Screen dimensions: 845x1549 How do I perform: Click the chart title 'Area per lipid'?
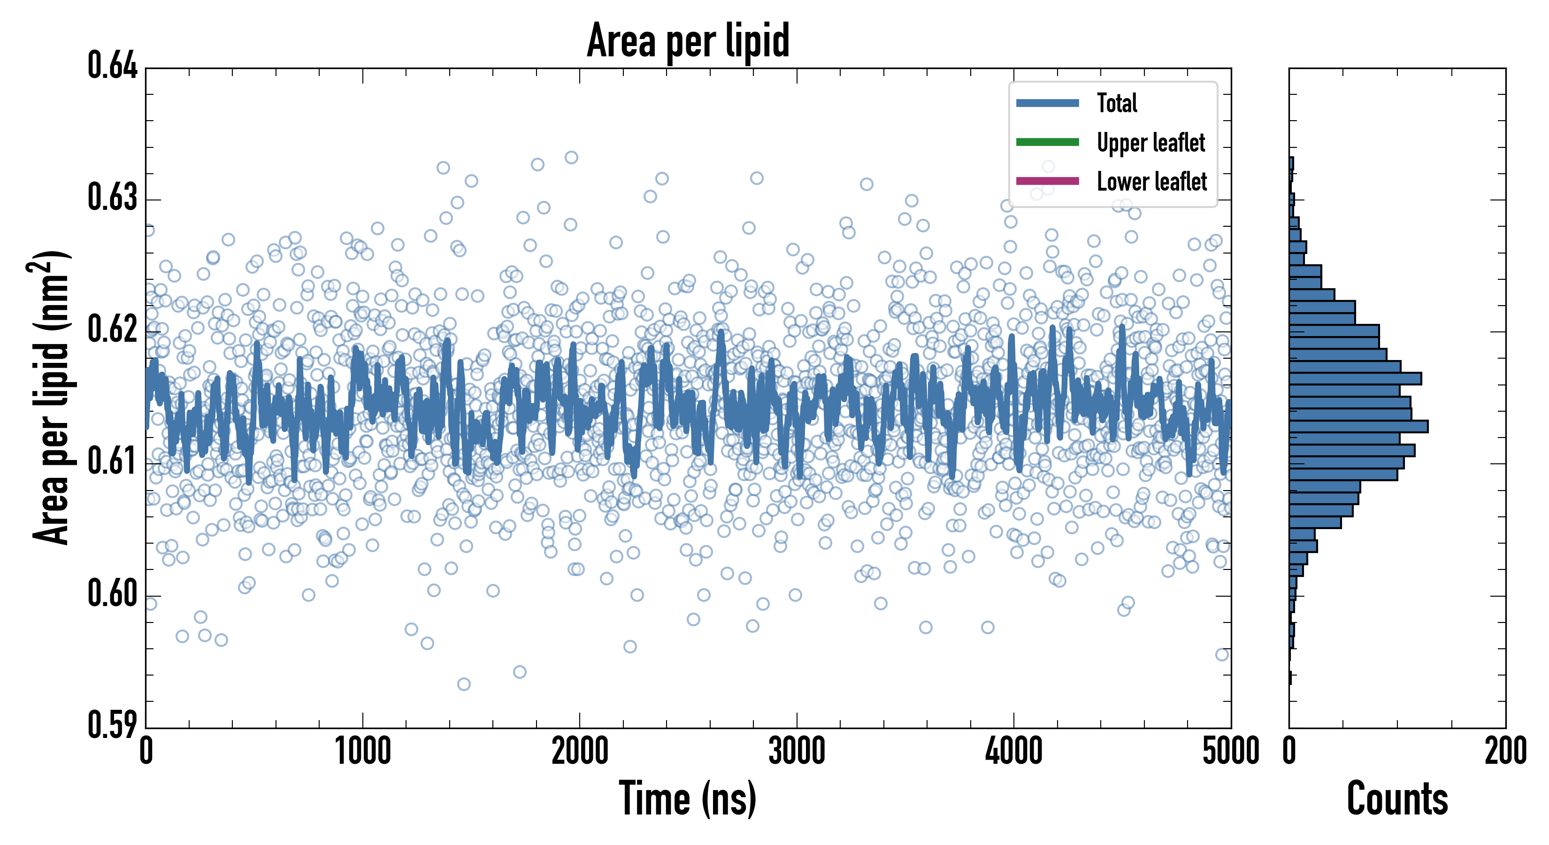tap(688, 41)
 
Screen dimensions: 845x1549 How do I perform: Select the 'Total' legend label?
tap(1117, 103)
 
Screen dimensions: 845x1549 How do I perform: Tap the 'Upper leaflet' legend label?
tap(1150, 143)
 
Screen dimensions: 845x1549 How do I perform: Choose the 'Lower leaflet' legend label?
tap(1151, 182)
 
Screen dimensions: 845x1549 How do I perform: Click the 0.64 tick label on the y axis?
tap(113, 66)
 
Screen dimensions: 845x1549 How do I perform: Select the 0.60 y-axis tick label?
tap(113, 593)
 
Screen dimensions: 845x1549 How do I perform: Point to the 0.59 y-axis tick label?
tap(113, 725)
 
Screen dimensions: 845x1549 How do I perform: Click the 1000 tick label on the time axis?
tap(362, 752)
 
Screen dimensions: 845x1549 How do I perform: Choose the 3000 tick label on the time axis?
tap(797, 752)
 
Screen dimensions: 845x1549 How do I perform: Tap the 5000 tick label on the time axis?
tap(1230, 752)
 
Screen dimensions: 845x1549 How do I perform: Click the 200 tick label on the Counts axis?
tap(1505, 752)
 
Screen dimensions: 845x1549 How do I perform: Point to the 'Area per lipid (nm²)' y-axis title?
tap(52, 397)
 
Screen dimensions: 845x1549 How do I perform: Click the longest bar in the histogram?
tap(1358, 426)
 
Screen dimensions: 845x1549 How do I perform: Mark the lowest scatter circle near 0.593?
tap(464, 684)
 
